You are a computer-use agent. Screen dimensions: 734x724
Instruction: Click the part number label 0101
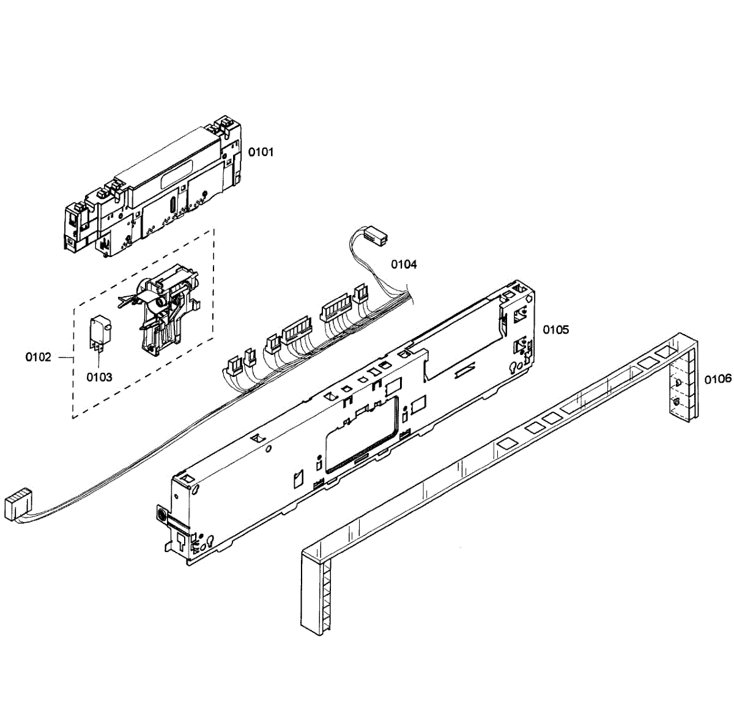(x=261, y=152)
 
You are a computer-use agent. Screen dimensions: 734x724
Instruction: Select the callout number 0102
(x=39, y=357)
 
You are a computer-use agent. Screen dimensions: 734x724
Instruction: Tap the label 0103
(x=99, y=377)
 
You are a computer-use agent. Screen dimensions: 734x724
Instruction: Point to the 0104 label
(x=404, y=264)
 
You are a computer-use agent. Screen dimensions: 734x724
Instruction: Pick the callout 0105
(x=555, y=330)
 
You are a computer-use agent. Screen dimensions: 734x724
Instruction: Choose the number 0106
(x=717, y=379)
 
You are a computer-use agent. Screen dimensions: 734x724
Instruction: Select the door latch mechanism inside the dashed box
(x=162, y=312)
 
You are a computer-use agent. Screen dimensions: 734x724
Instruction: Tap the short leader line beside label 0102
(x=64, y=357)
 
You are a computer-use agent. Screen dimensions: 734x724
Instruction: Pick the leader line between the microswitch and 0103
(x=98, y=358)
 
